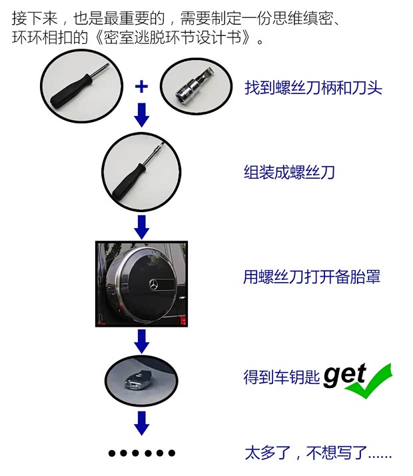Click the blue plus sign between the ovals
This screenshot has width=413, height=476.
141,86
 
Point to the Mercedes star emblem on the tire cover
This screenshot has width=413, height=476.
155,282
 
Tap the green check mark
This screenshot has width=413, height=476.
369,381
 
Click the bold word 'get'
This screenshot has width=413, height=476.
344,376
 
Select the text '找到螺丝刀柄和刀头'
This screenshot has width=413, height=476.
312,87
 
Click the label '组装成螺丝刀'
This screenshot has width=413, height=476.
288,173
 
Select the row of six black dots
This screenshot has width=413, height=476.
141,453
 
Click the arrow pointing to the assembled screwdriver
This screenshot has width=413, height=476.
141,115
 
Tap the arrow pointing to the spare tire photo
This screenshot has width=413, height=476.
141,227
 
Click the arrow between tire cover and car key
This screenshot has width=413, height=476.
141,340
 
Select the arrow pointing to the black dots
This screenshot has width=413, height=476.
141,421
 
